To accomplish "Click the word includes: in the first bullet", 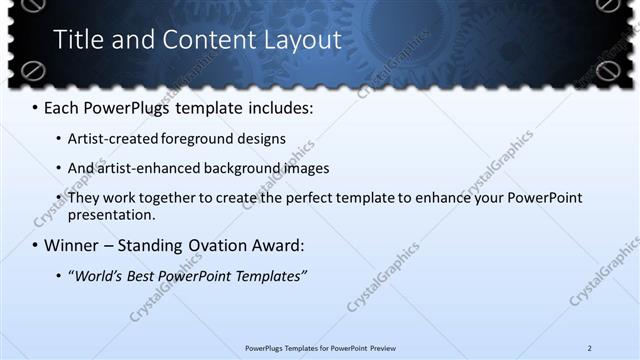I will pyautogui.click(x=282, y=105).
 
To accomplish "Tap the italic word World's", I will pyautogui.click(x=99, y=276).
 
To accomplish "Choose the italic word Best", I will pyautogui.click(x=150, y=276).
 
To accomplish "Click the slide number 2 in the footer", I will pyautogui.click(x=590, y=348).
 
